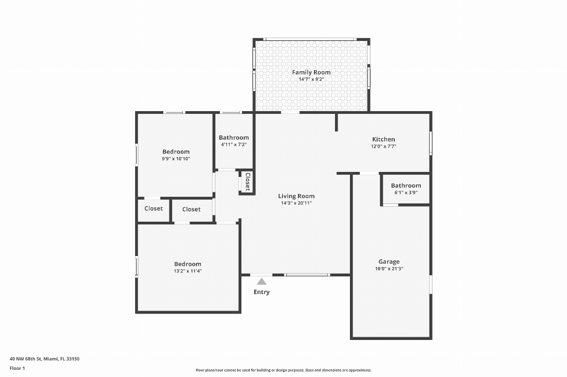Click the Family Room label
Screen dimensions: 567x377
click(311, 72)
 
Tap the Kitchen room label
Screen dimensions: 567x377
click(383, 139)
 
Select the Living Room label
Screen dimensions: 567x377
click(296, 196)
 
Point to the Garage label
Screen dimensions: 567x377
click(389, 261)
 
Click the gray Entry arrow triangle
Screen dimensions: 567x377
click(261, 281)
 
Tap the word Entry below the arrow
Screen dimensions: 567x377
click(261, 292)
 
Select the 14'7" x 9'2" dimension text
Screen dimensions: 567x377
click(311, 79)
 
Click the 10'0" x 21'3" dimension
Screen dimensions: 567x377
click(389, 268)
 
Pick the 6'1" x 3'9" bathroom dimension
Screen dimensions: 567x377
click(406, 192)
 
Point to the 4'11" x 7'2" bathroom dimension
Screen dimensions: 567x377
click(234, 144)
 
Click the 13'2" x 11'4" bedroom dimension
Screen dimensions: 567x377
click(187, 271)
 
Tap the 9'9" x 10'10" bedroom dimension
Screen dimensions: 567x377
click(176, 159)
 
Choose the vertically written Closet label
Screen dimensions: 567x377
click(248, 182)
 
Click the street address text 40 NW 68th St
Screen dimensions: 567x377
click(25, 359)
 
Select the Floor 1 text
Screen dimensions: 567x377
click(17, 368)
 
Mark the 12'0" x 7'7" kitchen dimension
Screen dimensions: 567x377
click(383, 146)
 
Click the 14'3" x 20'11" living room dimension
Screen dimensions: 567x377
click(296, 203)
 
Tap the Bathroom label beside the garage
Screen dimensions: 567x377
click(406, 186)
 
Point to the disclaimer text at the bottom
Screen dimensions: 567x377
click(283, 370)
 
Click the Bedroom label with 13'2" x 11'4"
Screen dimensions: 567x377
click(187, 264)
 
